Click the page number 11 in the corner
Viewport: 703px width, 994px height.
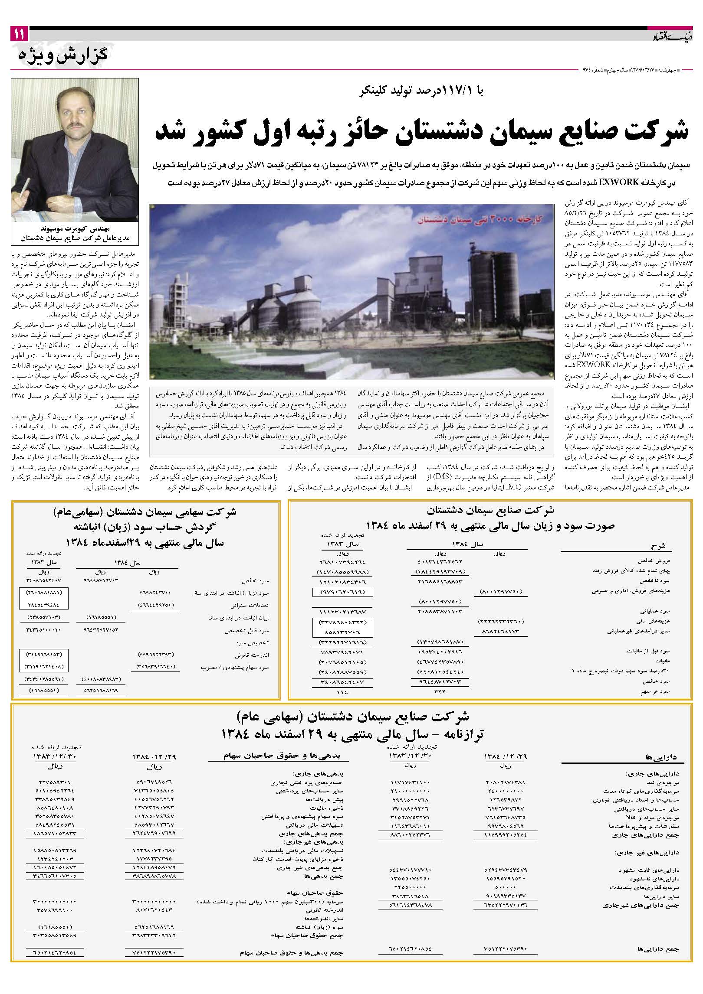point(19,34)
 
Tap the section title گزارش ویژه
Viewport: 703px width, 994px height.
point(63,55)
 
